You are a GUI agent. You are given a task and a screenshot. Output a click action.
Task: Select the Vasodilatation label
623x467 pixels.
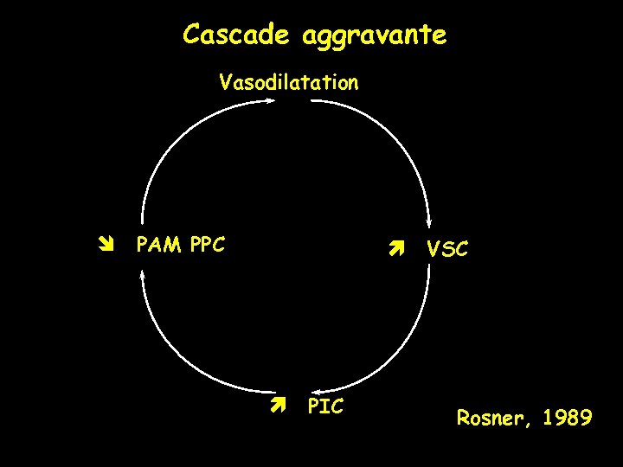pos(288,83)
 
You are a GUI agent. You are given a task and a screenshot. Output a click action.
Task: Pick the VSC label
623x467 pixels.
pos(447,250)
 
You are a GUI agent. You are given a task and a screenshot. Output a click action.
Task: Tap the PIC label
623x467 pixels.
pos(325,406)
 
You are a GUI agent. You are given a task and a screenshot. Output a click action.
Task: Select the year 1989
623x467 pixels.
pos(568,419)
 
